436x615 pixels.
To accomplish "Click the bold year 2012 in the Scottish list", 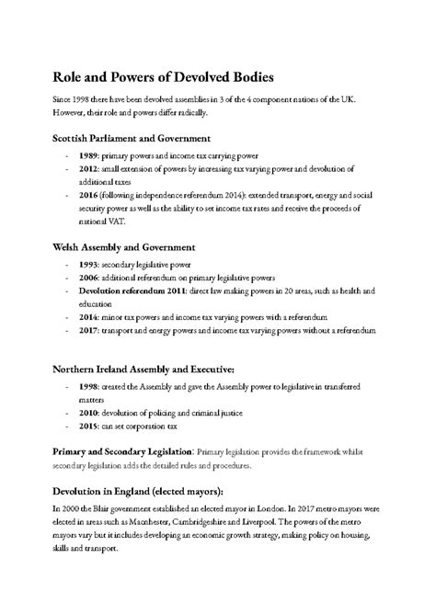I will coord(88,170).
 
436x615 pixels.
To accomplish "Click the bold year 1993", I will coord(88,265).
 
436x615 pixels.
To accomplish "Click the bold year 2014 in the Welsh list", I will coord(88,316).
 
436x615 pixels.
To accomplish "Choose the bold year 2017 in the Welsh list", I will coord(88,329).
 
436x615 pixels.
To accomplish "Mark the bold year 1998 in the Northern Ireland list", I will coord(88,387).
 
